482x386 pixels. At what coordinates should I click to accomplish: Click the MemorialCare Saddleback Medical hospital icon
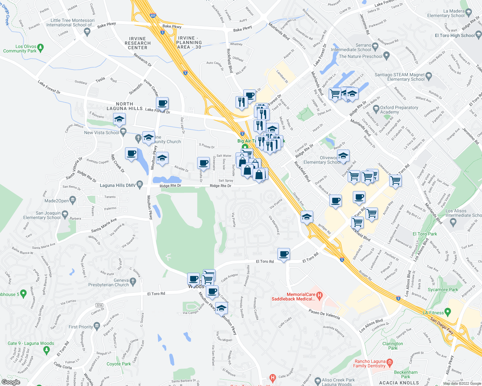point(319,295)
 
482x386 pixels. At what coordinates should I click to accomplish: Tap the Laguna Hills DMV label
point(118,185)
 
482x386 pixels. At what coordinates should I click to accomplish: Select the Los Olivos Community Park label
point(20,49)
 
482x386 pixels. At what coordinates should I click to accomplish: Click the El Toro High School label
point(455,35)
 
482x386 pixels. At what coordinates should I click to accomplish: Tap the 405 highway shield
point(153,15)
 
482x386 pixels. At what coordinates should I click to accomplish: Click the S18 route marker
point(99,305)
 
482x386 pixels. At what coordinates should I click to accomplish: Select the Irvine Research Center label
point(138,43)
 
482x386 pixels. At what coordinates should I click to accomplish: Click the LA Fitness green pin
point(448,312)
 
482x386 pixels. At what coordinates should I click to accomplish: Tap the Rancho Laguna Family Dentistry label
point(369,363)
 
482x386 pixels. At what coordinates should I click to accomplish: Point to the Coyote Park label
point(119,364)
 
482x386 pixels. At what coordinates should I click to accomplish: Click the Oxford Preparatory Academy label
point(399,110)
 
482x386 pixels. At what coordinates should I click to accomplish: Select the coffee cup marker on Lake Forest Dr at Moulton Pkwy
point(162,104)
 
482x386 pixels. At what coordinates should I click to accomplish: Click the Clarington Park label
point(392,346)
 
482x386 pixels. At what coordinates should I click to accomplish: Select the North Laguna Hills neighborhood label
point(124,106)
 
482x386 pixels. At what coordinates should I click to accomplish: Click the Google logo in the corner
point(11,382)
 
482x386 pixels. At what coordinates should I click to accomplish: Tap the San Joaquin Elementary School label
point(42,215)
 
